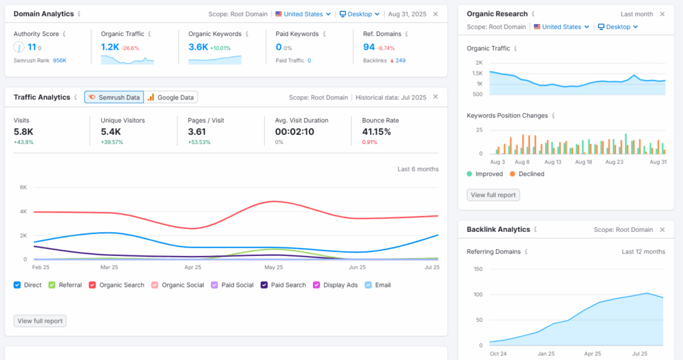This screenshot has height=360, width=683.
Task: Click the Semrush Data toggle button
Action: [113, 97]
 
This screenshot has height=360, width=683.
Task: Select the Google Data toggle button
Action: [171, 97]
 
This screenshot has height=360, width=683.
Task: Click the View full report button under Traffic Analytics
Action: [40, 321]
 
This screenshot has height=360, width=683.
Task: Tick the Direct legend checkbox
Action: [17, 285]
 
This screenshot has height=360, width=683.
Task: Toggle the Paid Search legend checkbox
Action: [264, 285]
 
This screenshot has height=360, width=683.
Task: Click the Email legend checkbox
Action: [368, 285]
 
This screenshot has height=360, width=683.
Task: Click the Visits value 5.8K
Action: [24, 132]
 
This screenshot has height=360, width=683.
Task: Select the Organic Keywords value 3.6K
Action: [198, 47]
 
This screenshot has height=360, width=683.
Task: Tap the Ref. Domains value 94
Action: [368, 47]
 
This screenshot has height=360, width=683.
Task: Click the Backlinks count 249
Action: [400, 61]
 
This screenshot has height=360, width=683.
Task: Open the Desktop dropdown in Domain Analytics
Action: [359, 14]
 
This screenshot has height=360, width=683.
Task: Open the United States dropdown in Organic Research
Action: [561, 27]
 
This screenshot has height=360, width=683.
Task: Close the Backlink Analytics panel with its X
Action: [662, 230]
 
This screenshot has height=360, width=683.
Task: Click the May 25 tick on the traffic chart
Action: [274, 267]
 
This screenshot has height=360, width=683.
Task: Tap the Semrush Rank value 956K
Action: [59, 61]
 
